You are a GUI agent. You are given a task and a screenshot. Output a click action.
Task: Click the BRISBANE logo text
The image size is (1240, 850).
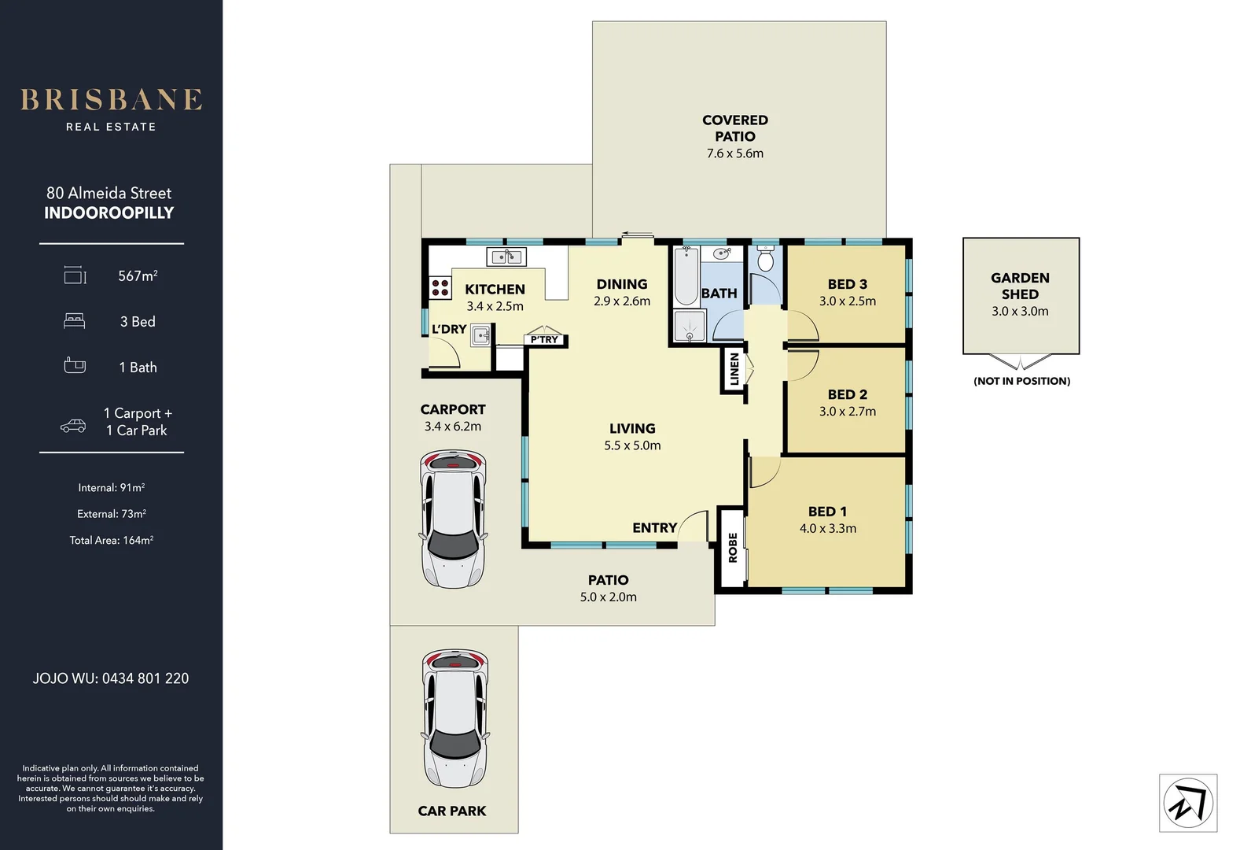click(111, 100)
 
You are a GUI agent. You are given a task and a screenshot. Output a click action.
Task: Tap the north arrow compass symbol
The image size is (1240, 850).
click(1187, 804)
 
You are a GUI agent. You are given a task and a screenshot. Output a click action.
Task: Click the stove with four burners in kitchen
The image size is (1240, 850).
click(440, 287)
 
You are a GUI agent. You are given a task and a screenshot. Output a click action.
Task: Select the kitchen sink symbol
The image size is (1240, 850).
click(506, 257)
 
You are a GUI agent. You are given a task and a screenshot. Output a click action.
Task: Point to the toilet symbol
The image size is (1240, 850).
click(765, 259)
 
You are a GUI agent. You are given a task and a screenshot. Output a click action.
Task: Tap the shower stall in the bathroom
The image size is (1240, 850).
click(690, 325)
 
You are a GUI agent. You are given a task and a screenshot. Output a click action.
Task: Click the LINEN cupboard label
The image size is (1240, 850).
click(734, 369)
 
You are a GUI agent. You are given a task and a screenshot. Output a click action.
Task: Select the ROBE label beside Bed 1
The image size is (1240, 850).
click(732, 548)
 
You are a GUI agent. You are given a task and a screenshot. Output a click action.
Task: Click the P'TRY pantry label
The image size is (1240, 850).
click(544, 340)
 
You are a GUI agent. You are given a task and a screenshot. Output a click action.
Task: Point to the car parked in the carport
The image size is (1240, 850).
click(453, 519)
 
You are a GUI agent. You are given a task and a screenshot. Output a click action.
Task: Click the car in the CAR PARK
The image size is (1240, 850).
click(455, 718)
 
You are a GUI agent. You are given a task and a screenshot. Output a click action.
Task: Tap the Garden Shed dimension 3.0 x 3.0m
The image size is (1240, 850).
click(1020, 311)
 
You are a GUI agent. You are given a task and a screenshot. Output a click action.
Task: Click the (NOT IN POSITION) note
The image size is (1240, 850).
click(1021, 381)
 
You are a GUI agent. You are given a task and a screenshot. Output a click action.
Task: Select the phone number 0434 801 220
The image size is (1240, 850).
click(145, 678)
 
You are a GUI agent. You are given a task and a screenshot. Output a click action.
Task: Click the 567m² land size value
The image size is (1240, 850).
click(138, 275)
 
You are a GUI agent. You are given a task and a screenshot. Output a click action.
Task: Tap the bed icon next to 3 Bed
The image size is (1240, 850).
click(74, 321)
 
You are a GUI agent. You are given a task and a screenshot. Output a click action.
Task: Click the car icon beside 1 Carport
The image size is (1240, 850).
click(73, 426)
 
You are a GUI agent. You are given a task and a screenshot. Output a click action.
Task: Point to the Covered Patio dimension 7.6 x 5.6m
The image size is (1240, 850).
click(734, 153)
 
